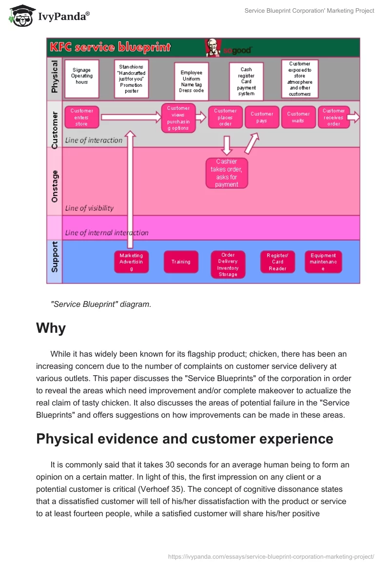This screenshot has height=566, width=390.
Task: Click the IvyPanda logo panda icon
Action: [20, 15]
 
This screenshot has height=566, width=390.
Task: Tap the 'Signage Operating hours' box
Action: [82, 78]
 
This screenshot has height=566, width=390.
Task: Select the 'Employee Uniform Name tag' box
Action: [192, 81]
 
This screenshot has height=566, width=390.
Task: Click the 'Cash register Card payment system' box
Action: [246, 81]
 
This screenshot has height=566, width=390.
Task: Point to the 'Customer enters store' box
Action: [81, 117]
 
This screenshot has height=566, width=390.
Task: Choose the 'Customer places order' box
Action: [225, 117]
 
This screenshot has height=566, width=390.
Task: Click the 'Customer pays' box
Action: [262, 117]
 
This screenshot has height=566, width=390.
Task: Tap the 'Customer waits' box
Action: [298, 117]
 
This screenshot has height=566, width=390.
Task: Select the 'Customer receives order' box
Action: [333, 117]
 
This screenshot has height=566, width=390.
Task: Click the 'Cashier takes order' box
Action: [227, 173]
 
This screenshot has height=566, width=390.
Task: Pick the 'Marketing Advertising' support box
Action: [131, 262]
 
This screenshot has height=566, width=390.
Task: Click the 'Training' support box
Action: [181, 262]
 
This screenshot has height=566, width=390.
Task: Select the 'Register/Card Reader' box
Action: [277, 262]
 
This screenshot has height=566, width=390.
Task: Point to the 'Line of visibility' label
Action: [89, 208]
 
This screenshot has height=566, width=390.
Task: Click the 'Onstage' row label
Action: [55, 186]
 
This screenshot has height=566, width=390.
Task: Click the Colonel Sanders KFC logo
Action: [212, 47]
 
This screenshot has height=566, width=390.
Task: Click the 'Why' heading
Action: [51, 328]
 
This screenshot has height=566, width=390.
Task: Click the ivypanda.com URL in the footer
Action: [271, 556]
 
